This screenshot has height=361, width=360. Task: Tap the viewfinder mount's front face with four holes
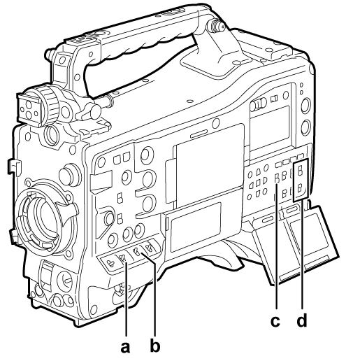click(27, 104)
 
